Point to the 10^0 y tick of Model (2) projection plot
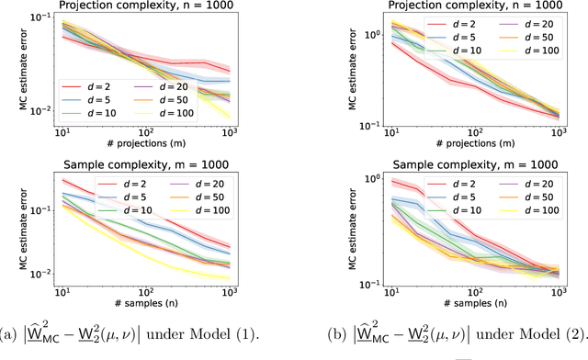click(361, 35)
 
